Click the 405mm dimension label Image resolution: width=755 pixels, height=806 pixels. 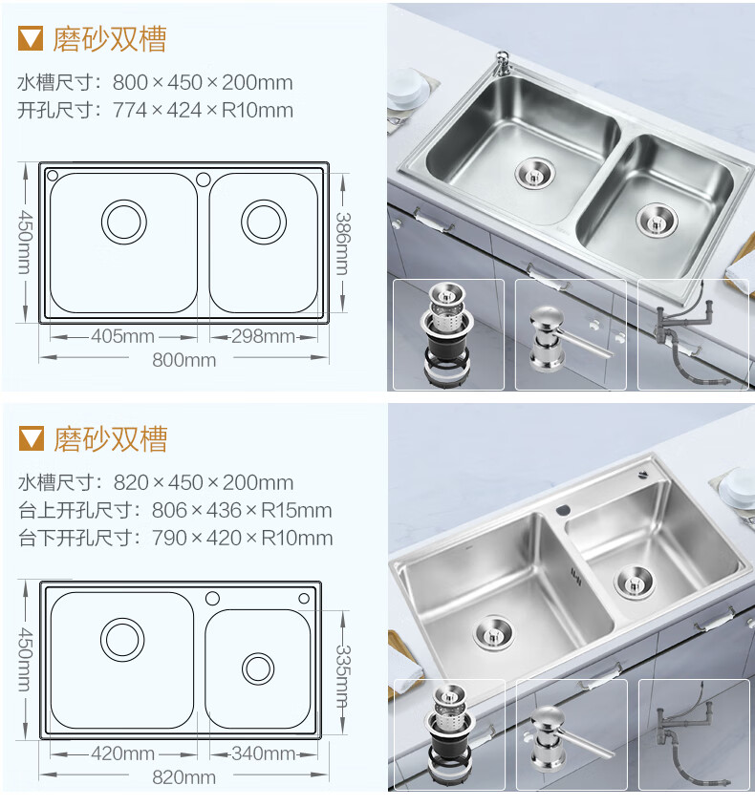(x=123, y=336)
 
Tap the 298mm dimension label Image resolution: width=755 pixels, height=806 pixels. (x=263, y=336)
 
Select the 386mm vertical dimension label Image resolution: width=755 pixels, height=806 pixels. (x=343, y=244)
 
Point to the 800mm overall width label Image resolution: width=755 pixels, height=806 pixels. (x=184, y=360)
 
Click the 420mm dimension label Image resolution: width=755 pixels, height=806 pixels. (x=123, y=753)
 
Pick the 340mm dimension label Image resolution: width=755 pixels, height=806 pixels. (x=263, y=753)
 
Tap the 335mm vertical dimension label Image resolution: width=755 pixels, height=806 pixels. (x=343, y=676)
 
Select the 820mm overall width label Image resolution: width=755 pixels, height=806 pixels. (x=184, y=777)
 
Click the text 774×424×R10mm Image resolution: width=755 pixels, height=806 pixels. (x=203, y=110)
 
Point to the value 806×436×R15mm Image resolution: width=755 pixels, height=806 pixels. (x=242, y=510)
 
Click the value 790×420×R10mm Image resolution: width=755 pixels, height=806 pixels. (x=242, y=539)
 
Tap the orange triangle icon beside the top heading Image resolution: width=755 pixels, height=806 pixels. (x=31, y=39)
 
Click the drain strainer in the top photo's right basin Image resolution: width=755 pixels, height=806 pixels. (x=656, y=221)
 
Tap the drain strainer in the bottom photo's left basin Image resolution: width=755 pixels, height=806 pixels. (x=493, y=633)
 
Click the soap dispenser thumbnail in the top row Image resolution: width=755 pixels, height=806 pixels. (x=571, y=334)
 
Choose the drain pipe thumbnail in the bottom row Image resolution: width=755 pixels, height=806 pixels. (x=694, y=734)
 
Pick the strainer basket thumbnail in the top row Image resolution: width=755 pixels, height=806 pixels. (x=448, y=334)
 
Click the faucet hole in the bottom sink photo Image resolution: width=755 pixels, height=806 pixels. (x=564, y=510)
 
